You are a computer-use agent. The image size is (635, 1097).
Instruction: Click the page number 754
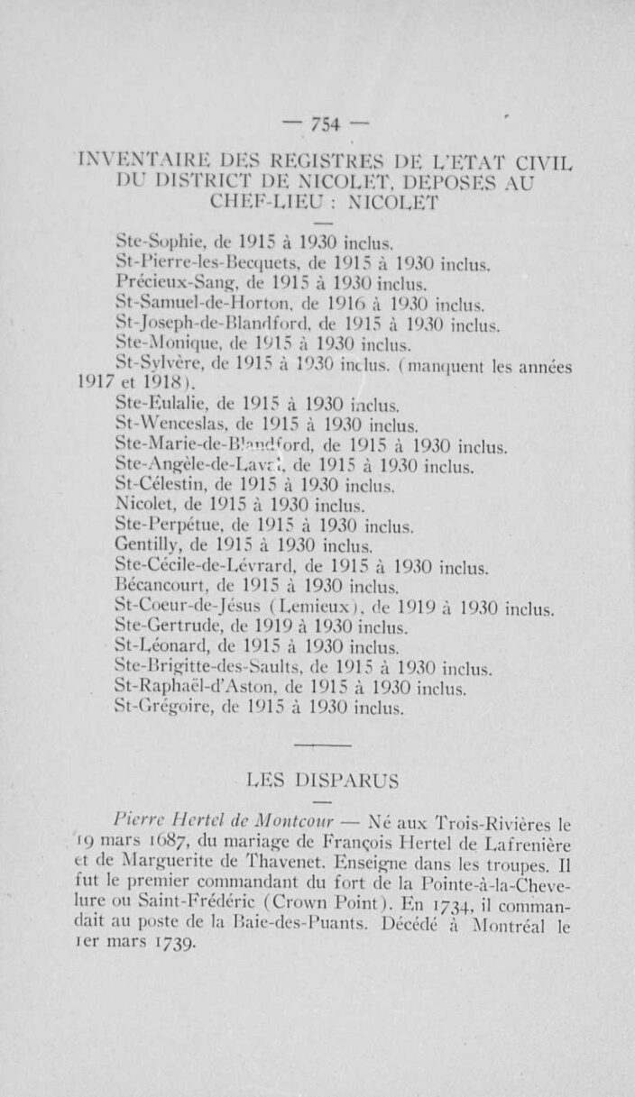coord(322,125)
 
